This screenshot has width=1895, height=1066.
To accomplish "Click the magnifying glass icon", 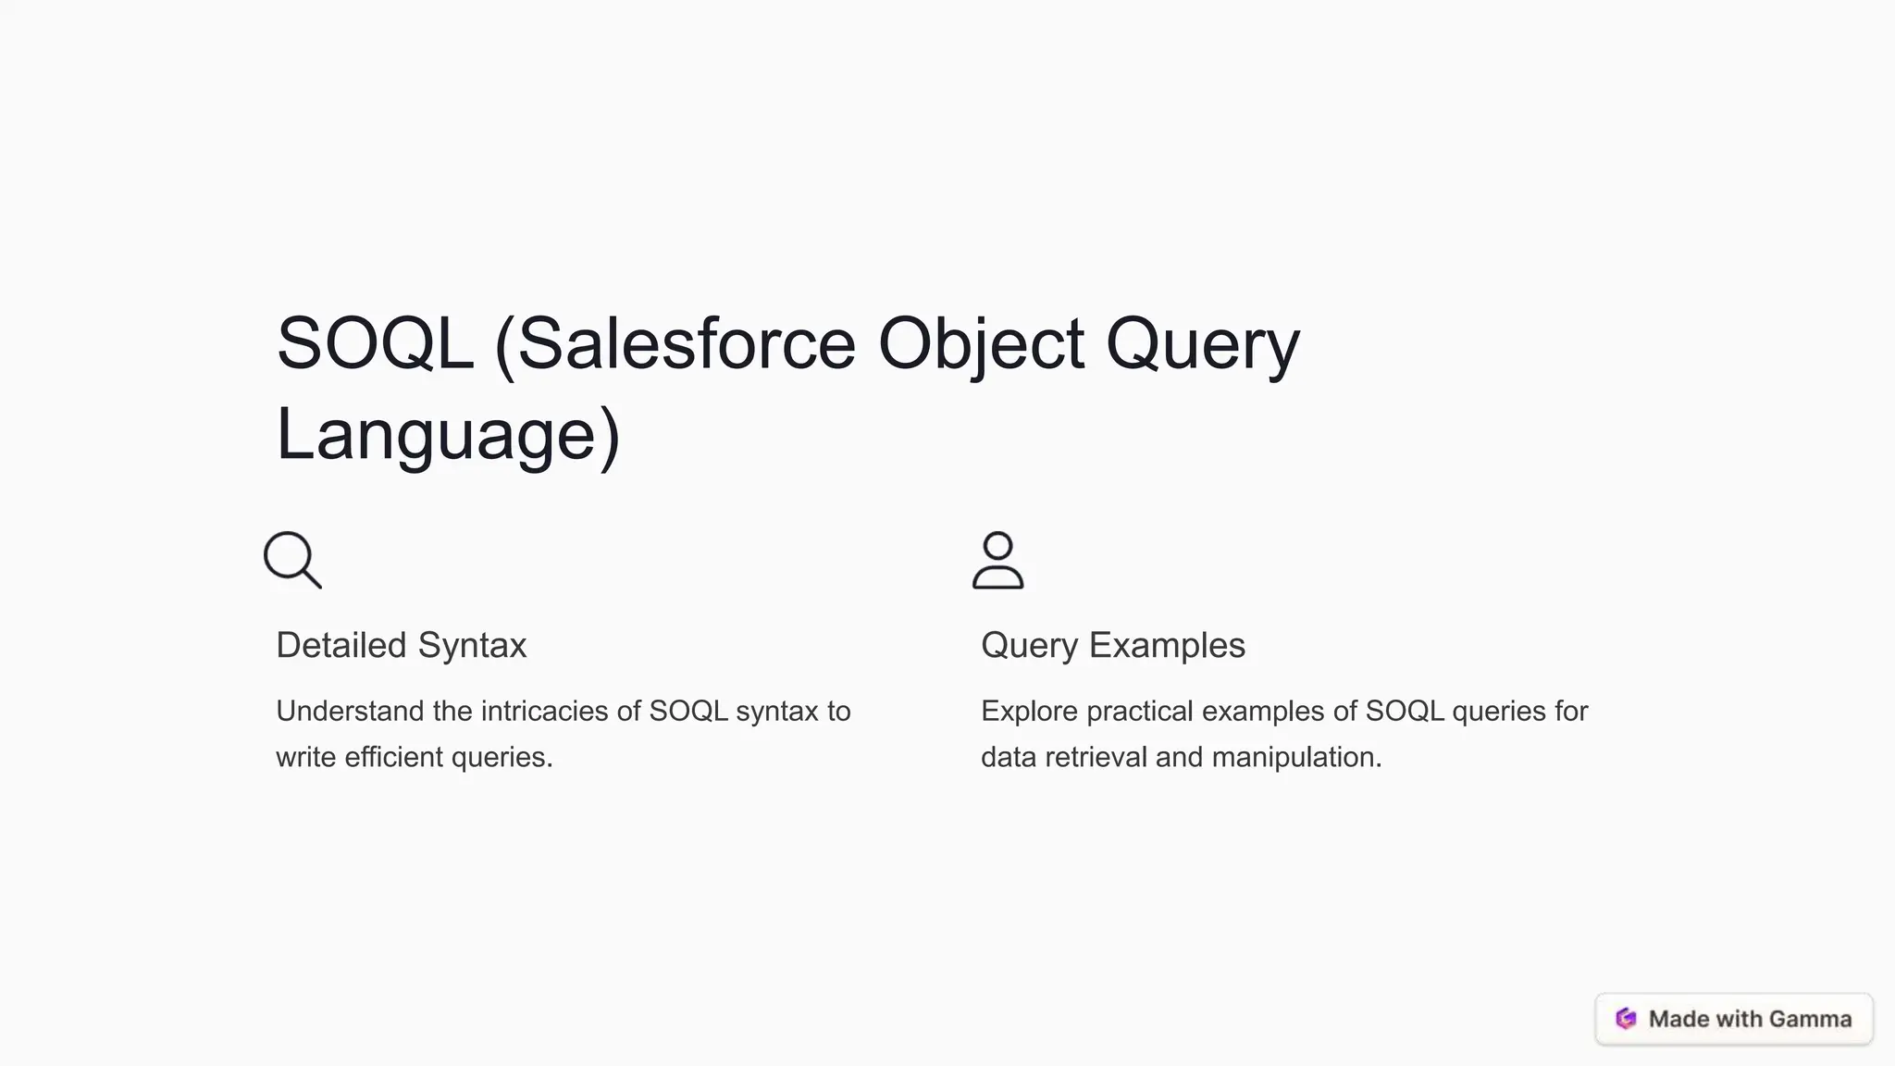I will click(x=292, y=560).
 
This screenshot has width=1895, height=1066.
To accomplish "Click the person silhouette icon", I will click(x=997, y=560).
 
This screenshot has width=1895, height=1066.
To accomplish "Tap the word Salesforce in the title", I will click(x=686, y=344).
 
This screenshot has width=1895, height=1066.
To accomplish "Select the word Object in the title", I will click(x=980, y=344).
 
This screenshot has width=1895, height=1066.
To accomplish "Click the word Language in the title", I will click(x=436, y=435).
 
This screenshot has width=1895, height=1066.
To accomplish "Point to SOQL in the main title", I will click(x=375, y=344).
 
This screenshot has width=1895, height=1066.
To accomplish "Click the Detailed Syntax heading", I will click(x=401, y=645).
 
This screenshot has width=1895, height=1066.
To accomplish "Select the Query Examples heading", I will click(x=1112, y=645).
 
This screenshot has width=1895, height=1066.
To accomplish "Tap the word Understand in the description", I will click(x=350, y=711).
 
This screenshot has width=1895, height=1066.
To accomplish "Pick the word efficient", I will click(x=394, y=757).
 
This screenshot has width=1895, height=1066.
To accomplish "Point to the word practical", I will click(x=1140, y=711).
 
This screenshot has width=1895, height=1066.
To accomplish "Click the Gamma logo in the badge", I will click(x=1626, y=1019).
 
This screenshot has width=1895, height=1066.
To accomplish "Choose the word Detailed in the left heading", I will click(x=341, y=645).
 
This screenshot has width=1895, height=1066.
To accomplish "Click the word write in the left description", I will click(x=306, y=757).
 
